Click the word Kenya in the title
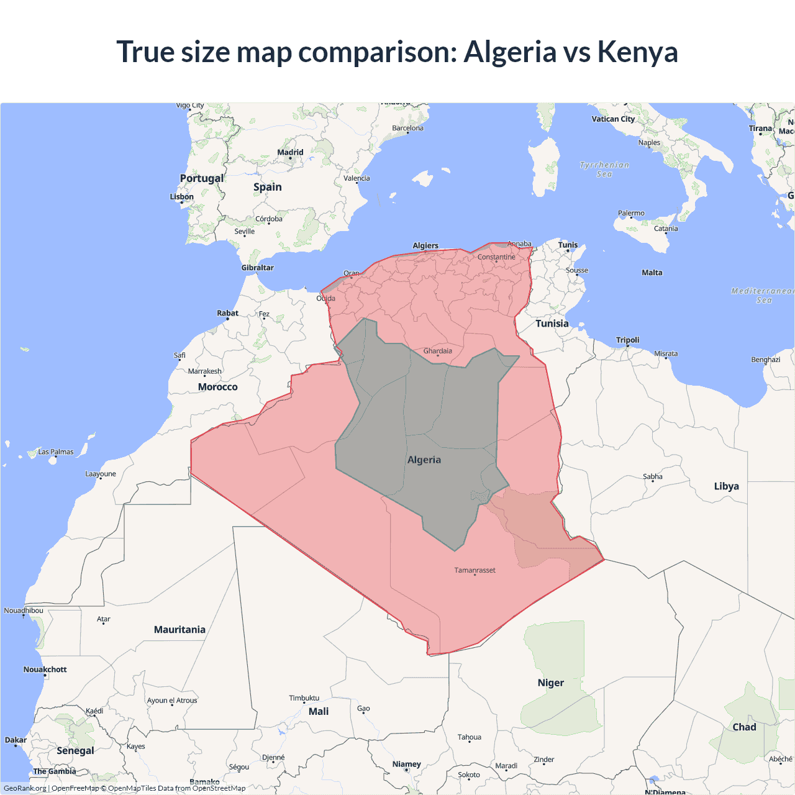[x=637, y=52]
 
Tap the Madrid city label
[x=290, y=152]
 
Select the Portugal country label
[x=201, y=178]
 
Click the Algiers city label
[x=425, y=245]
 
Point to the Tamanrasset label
[x=475, y=570]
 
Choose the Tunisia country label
[x=552, y=324]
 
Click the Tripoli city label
[x=627, y=340]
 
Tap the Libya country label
[x=726, y=486]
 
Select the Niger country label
[x=550, y=683]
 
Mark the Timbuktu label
[x=304, y=698]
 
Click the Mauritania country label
[x=179, y=630]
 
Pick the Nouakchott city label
[x=45, y=670]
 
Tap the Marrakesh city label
[x=204, y=371]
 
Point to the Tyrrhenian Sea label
[x=604, y=169]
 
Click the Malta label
[x=652, y=273]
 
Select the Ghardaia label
[x=437, y=351]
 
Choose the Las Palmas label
[x=56, y=452]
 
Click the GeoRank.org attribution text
[x=25, y=788]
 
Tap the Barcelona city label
[x=407, y=129]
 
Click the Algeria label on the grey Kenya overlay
[x=424, y=460]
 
